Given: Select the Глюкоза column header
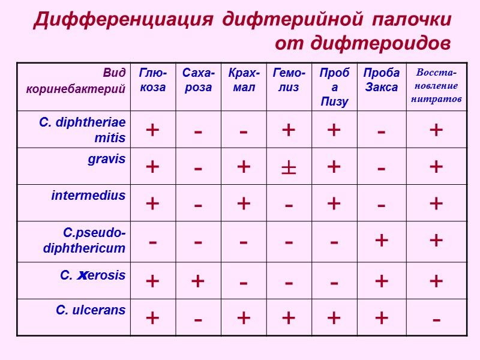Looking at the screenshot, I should coord(152,80).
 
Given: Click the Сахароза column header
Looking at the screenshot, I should coord(197,80).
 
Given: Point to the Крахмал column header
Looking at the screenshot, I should coord(243,80).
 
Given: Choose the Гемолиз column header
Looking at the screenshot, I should coord(289,80).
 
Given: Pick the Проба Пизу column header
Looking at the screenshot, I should coord(334,86).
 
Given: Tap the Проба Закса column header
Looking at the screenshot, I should coord(381,80).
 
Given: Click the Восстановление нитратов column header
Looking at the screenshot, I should coord(436,85).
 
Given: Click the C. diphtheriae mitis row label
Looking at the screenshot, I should coord(83,130).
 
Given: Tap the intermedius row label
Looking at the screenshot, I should coord(88,195).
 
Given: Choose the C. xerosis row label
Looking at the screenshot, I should coord(93,275).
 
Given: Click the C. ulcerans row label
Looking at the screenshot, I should coord(91,310).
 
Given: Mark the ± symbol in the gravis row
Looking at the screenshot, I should coord(289,167).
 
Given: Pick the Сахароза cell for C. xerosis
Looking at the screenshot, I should coord(197,281).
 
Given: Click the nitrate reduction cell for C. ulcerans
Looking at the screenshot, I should coord(436,317).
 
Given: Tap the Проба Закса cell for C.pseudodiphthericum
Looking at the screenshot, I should coord(381,241).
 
